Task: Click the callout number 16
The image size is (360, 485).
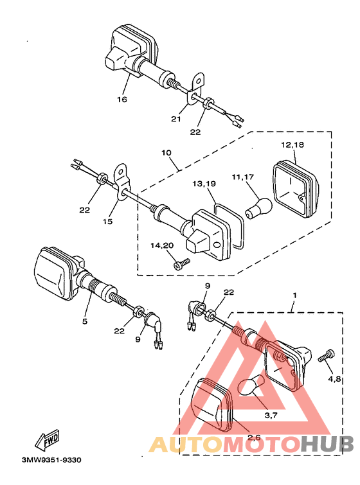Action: click(122, 100)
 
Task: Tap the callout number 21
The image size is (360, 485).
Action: click(175, 119)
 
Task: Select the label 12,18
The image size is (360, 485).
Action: click(292, 145)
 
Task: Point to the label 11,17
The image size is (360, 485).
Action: click(243, 177)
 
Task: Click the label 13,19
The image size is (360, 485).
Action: click(204, 184)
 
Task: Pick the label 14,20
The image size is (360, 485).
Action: click(162, 245)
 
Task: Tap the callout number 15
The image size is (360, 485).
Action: click(108, 222)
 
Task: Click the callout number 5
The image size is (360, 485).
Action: click(85, 321)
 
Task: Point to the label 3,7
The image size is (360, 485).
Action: click(271, 416)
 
